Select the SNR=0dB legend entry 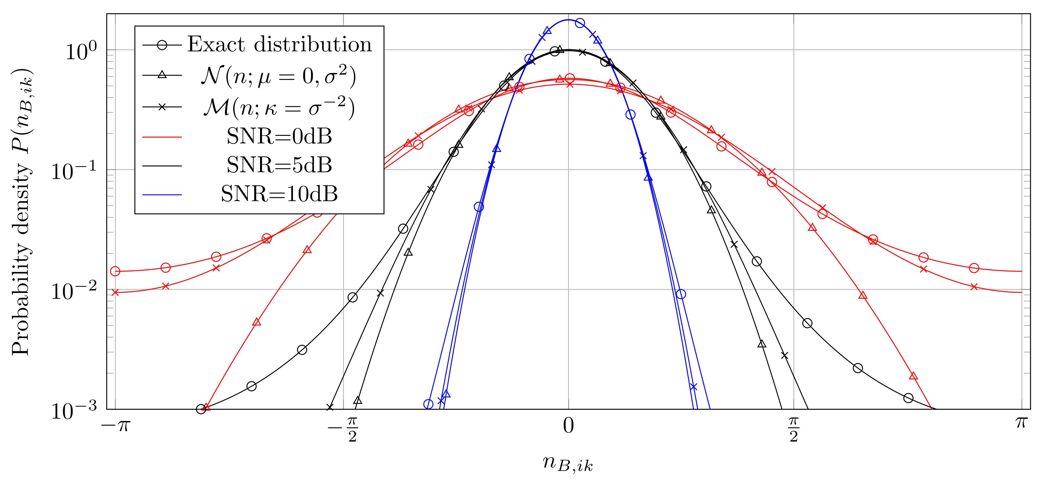[x=279, y=136]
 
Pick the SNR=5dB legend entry [x=279, y=165]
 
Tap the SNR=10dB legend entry [x=279, y=194]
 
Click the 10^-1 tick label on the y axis [x=74, y=171]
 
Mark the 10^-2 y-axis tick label [x=74, y=291]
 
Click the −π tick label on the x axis [x=116, y=425]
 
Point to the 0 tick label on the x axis [x=568, y=426]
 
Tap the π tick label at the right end [x=1021, y=424]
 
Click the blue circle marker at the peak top [x=580, y=23]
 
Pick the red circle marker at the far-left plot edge [x=115, y=271]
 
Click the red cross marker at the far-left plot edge [x=115, y=292]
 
